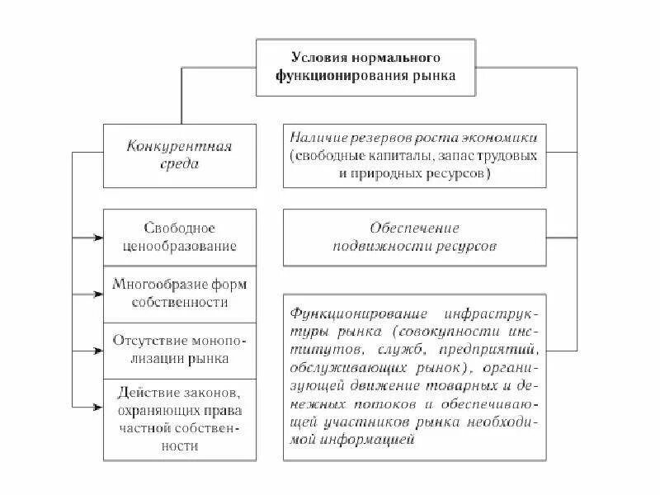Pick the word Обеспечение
[x=414, y=228]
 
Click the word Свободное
[x=179, y=229]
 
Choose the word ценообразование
[x=179, y=246]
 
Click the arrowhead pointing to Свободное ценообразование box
[x=98, y=239]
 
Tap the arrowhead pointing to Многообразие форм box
[x=98, y=293]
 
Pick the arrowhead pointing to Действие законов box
[x=98, y=407]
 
